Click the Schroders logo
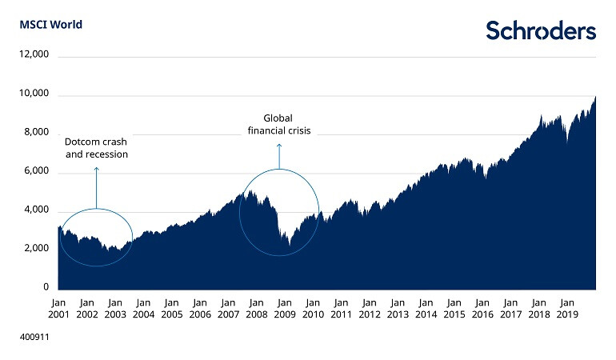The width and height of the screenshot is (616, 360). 541,30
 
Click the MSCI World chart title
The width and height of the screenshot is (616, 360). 50,24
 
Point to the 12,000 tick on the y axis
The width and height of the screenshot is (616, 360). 34,55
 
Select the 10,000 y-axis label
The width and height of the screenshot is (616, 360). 34,94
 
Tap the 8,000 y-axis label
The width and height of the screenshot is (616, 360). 37,133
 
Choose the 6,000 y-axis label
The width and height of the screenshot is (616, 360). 37,172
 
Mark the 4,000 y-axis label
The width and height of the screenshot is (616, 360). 37,210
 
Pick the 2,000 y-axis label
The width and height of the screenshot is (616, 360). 37,249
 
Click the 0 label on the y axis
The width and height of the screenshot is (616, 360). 46,287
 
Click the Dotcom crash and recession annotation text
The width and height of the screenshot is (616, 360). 96,148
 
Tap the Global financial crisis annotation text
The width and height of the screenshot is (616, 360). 278,124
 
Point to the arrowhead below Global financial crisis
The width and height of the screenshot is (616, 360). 278,146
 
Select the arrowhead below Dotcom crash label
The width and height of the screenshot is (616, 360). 96,169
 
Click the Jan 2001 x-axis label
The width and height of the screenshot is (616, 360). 58,309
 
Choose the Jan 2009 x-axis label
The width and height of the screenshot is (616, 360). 284,309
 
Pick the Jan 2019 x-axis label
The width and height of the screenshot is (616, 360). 566,309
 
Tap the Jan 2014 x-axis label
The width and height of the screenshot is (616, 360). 426,309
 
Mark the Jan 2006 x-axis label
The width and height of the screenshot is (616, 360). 199,309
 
